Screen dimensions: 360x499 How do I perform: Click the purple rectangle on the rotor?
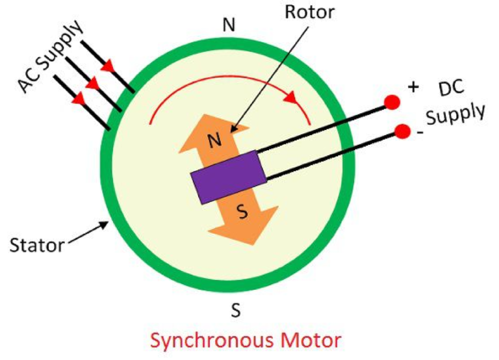(x=228, y=177)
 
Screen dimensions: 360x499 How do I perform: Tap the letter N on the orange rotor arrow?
(x=214, y=138)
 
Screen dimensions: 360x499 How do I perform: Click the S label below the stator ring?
(x=237, y=311)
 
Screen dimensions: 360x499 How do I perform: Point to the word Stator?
(x=36, y=246)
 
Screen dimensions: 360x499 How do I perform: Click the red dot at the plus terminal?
(x=393, y=102)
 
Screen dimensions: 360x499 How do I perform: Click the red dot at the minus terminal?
(x=403, y=132)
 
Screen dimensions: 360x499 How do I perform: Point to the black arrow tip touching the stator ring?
(x=105, y=225)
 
